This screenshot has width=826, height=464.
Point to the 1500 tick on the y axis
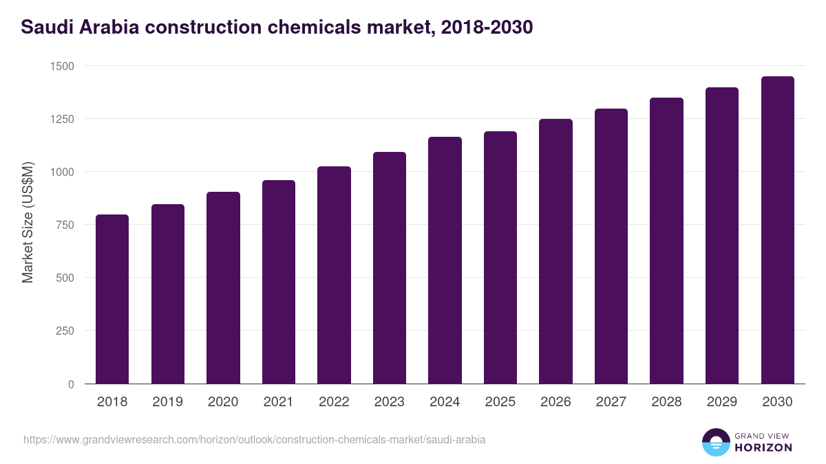[62, 66]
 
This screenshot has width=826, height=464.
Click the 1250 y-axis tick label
[62, 119]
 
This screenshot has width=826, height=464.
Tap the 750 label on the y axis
[65, 225]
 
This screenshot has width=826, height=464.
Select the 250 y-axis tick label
[65, 331]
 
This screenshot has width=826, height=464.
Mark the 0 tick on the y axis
[71, 384]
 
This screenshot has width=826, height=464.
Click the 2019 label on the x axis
[168, 402]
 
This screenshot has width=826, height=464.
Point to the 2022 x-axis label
[334, 402]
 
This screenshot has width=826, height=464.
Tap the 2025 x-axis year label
[500, 402]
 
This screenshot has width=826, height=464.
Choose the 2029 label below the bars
[721, 402]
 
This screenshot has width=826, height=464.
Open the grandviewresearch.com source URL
[254, 439]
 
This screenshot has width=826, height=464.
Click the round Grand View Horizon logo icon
[715, 442]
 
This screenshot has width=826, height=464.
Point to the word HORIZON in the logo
[763, 448]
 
